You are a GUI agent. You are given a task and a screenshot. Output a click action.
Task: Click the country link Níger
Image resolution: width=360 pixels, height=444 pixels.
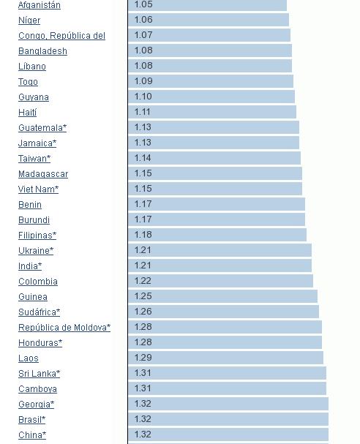29,20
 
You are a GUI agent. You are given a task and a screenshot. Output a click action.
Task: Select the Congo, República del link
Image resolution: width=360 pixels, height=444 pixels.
61,36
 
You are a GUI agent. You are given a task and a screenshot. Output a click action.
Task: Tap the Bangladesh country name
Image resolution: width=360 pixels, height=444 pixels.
42,51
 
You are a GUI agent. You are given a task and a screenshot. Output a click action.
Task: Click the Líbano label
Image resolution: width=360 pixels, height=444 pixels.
32,67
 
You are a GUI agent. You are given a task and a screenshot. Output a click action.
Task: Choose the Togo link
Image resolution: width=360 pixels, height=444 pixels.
28,82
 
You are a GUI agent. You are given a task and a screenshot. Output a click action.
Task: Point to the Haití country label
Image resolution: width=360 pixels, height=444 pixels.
28,113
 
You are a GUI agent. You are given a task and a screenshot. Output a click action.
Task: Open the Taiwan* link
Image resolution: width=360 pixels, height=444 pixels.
34,159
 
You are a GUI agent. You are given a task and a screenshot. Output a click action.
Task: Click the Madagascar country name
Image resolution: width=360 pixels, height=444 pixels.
43,174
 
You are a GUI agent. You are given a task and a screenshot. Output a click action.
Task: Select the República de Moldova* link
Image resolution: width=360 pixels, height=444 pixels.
64,328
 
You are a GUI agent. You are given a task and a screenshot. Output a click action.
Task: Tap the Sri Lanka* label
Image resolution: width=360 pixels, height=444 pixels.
39,374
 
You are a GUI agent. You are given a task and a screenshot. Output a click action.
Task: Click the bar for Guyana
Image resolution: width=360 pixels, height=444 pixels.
211,97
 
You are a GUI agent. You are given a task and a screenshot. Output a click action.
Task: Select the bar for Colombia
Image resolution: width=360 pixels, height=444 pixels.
221,281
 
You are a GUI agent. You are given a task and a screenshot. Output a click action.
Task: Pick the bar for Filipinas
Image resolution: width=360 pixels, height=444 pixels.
217,235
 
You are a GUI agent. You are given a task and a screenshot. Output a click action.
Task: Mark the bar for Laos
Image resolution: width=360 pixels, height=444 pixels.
226,358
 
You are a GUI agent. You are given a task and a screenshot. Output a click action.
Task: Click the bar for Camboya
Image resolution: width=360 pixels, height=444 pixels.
227,388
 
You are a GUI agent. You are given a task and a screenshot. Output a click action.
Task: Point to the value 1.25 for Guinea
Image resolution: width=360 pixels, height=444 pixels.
143,296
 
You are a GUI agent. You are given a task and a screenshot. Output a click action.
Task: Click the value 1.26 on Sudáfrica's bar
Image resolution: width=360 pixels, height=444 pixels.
143,312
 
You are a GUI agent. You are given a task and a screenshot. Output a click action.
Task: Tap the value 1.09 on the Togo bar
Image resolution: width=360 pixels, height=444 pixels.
143,81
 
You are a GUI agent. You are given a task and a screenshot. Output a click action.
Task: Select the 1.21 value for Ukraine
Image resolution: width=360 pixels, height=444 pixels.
143,250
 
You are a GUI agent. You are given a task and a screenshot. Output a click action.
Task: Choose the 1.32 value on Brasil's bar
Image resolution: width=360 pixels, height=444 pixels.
143,419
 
